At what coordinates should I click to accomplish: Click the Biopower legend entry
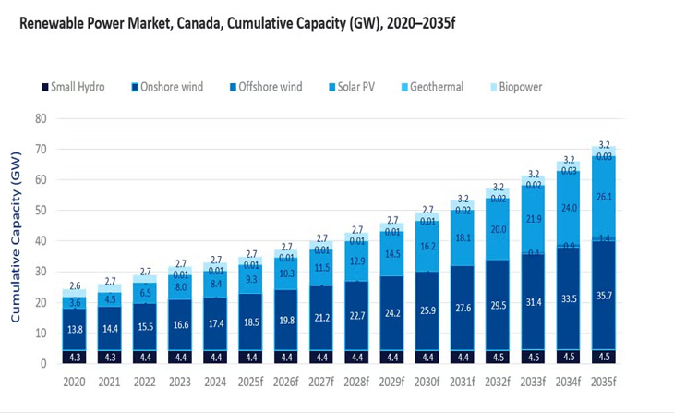click(x=520, y=87)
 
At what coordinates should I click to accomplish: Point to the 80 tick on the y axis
click(x=41, y=118)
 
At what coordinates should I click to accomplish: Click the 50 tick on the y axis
click(x=41, y=211)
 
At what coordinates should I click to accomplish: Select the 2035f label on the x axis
click(x=605, y=381)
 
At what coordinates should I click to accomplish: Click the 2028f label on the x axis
click(x=358, y=381)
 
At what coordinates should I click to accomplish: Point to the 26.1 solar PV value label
click(x=605, y=197)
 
